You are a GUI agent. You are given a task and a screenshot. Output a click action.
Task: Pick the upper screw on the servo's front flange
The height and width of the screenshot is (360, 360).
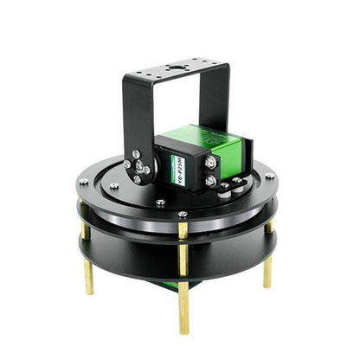pyautogui.click(x=209, y=159)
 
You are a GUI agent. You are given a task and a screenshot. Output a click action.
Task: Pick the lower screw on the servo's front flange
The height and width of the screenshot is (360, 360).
pyautogui.click(x=209, y=181)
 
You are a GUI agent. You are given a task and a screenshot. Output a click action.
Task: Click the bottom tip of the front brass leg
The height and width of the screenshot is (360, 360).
pyautogui.click(x=183, y=329)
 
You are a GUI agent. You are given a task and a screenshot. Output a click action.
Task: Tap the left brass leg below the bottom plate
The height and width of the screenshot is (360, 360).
pyautogui.click(x=88, y=277)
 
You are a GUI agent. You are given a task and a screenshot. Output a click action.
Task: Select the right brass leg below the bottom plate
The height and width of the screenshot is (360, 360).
pyautogui.click(x=267, y=272)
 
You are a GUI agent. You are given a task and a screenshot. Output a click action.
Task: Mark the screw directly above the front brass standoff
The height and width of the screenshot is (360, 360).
pyautogui.click(x=182, y=215)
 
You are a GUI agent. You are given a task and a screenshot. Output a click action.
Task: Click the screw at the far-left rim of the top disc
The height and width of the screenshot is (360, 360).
pyautogui.click(x=83, y=182)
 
